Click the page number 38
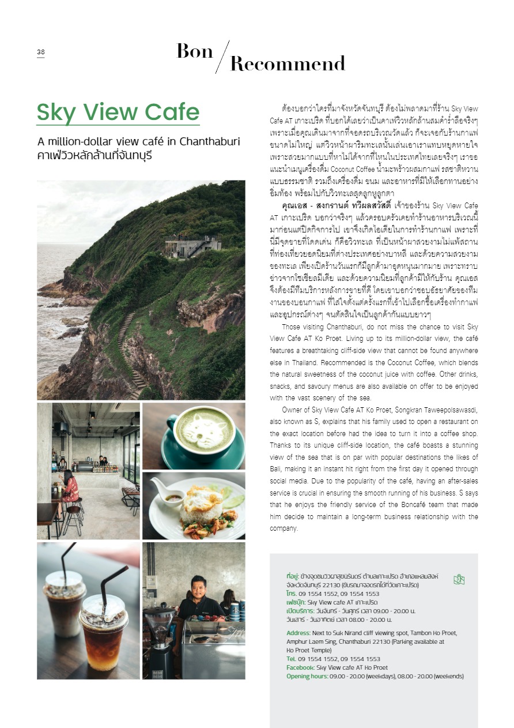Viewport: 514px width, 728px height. click(x=40, y=52)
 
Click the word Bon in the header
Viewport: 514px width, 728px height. click(x=194, y=52)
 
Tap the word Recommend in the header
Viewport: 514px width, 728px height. click(x=288, y=64)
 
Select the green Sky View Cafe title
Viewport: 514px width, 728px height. click(x=118, y=112)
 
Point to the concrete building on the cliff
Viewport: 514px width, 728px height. click(x=192, y=246)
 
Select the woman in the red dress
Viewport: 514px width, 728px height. click(x=69, y=490)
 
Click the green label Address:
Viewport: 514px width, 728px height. click(x=298, y=633)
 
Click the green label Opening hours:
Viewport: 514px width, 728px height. click(x=307, y=676)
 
